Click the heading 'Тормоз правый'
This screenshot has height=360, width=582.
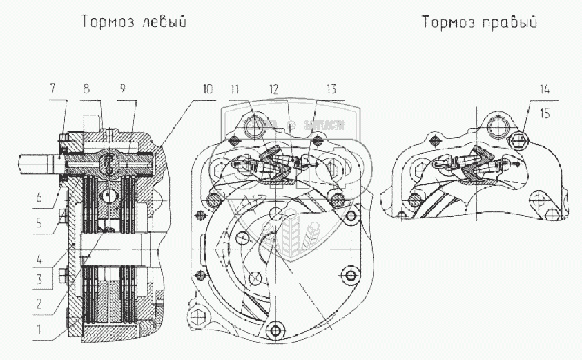click(479, 22)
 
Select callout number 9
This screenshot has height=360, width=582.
click(122, 88)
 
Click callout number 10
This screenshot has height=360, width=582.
click(207, 88)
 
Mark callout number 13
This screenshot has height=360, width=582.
click(331, 88)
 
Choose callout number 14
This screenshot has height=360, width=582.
click(547, 88)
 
